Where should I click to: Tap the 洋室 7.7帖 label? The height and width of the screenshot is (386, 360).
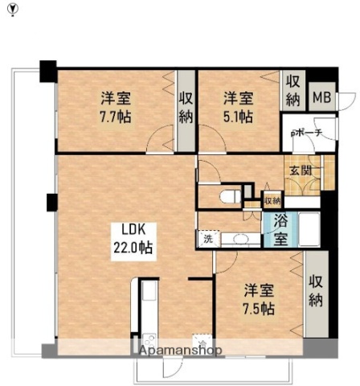click(x=117, y=107)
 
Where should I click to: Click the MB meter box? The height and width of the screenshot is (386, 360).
click(x=321, y=97)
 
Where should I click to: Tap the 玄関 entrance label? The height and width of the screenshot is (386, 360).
click(x=301, y=170)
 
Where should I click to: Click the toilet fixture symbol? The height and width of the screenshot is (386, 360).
click(x=229, y=195)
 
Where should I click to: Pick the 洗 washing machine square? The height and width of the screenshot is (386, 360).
click(x=207, y=238)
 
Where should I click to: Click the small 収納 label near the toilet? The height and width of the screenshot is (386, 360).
click(x=272, y=200)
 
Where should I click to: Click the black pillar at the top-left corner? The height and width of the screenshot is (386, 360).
click(x=47, y=69)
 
